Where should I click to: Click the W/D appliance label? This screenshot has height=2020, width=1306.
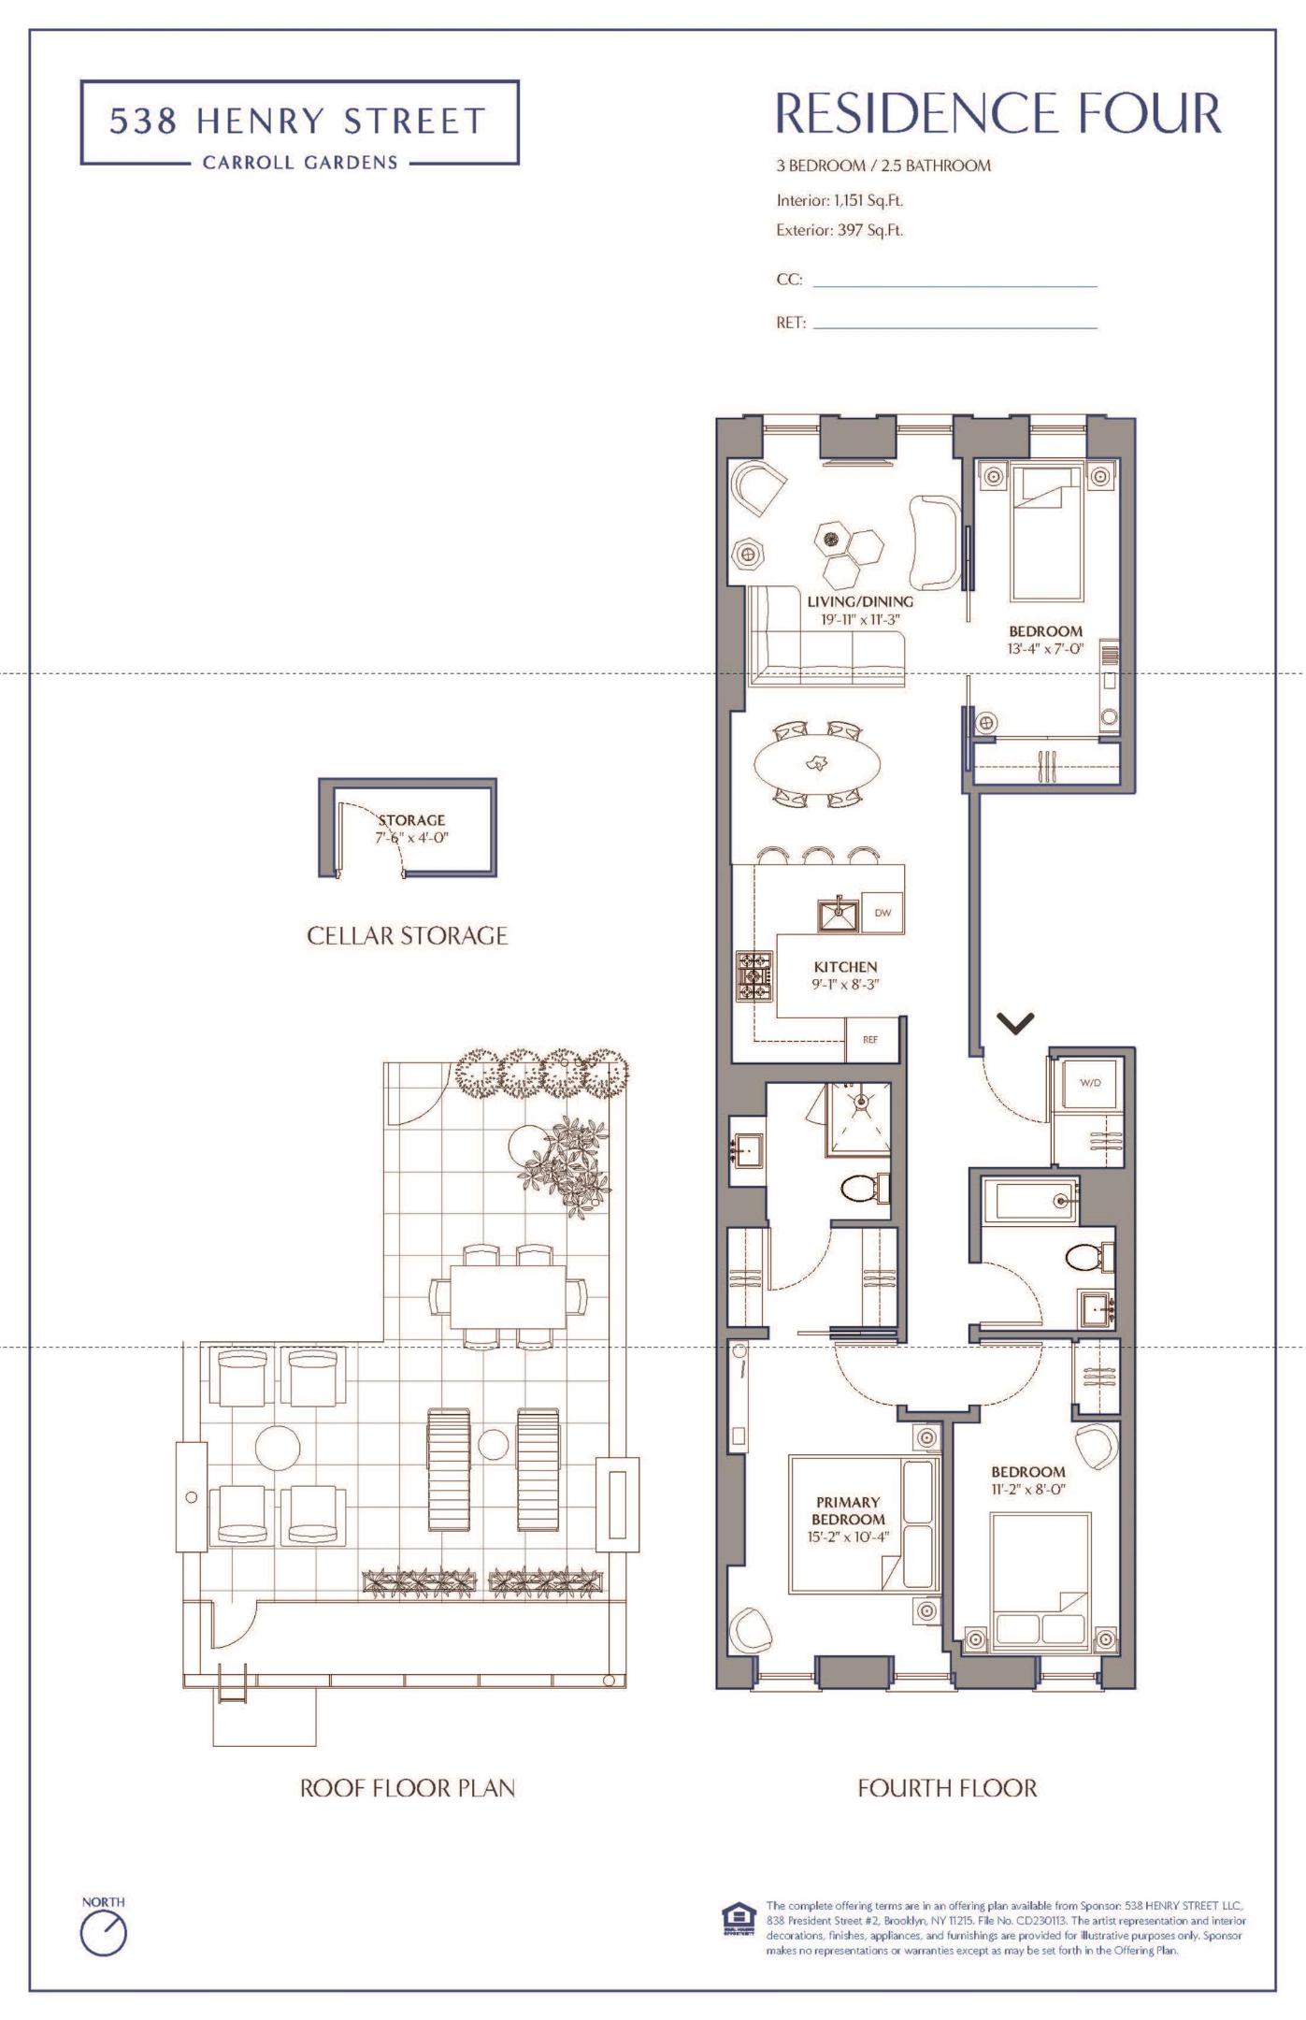pos(1090,1082)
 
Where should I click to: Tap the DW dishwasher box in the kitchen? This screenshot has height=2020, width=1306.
pos(883,913)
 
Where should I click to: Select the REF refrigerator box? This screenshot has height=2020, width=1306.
pos(870,1039)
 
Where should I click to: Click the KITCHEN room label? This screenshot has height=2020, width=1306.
pos(845,967)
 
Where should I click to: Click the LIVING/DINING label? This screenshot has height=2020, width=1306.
pos(860,601)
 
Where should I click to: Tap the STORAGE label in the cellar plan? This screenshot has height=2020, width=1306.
pos(411,820)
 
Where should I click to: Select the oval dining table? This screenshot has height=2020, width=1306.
pos(817,763)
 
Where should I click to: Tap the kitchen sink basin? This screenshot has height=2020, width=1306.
pos(839,915)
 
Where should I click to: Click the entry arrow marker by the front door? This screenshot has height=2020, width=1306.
pos(1016,1023)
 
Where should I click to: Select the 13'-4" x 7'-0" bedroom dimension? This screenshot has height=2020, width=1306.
pos(1045,648)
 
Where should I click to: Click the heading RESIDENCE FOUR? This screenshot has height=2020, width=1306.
pos(998,113)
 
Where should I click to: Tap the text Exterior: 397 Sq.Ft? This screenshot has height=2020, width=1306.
pos(840,230)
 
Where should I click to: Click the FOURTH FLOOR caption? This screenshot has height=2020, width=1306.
pos(947,1788)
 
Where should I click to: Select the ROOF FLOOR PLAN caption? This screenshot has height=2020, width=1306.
pos(408,1788)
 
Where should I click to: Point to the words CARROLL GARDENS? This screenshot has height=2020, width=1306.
pos(300,163)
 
